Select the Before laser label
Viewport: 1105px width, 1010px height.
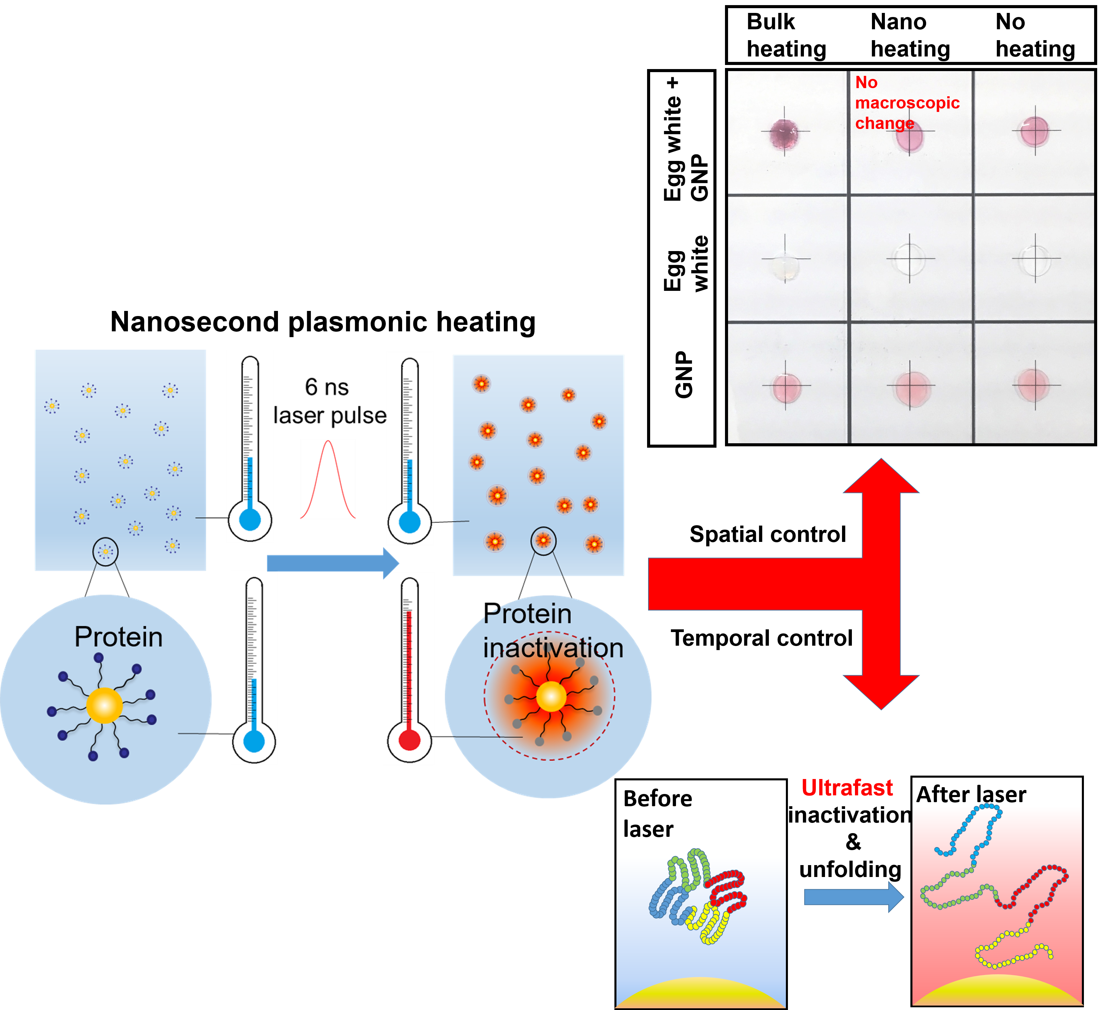click(658, 813)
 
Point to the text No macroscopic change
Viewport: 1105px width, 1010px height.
click(907, 103)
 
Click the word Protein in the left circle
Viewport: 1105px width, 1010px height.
click(118, 637)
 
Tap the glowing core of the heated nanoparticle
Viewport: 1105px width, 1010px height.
click(550, 697)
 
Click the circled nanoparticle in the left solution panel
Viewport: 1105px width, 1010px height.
click(105, 551)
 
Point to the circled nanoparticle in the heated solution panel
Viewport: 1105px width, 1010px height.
click(543, 541)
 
